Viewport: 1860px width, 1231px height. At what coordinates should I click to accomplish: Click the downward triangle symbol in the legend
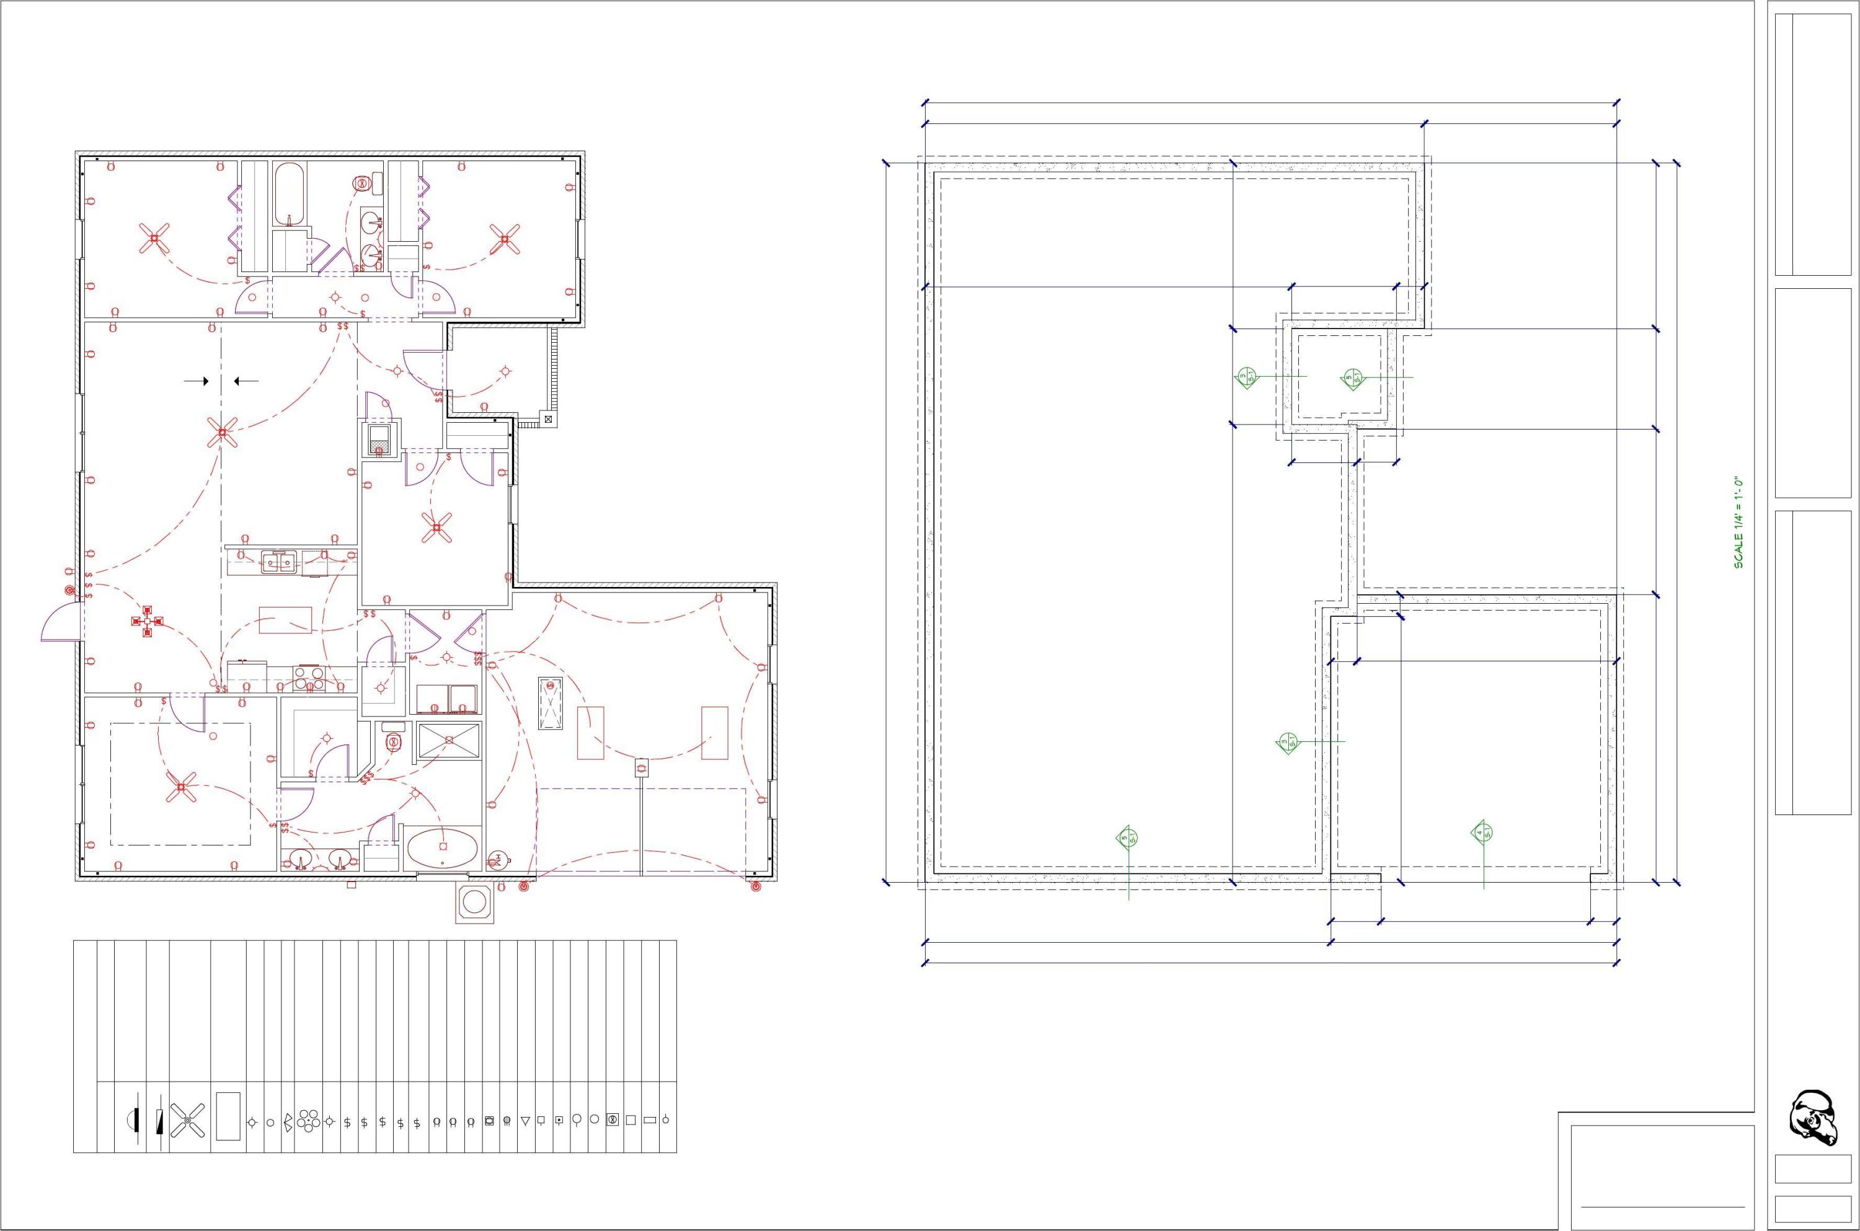(525, 1121)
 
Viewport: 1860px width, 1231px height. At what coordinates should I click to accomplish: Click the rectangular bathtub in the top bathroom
(290, 195)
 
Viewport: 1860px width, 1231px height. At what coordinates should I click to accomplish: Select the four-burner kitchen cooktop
(310, 677)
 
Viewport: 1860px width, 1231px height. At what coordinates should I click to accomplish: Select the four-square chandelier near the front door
(147, 621)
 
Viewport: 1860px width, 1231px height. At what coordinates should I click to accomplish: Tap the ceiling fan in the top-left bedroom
(154, 238)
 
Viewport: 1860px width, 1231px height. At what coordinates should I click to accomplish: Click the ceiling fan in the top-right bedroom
(505, 239)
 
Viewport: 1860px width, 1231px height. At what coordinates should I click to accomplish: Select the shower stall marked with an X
(448, 739)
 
